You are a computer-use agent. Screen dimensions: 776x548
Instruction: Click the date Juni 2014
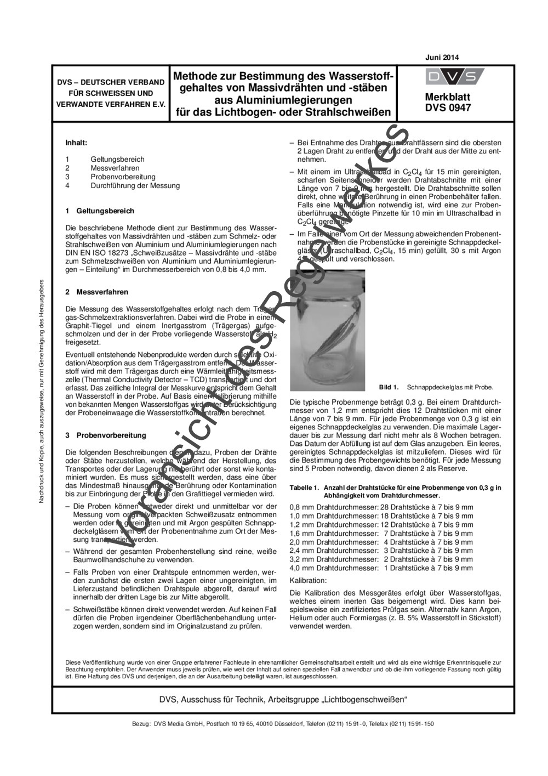point(442,58)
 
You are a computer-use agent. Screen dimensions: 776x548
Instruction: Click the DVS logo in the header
point(454,77)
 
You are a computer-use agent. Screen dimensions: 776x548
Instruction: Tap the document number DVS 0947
point(448,108)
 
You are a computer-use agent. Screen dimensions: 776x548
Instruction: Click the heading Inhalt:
point(76,143)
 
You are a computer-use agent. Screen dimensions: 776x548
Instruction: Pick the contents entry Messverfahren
point(115,168)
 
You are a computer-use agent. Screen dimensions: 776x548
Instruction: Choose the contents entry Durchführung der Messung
point(135,186)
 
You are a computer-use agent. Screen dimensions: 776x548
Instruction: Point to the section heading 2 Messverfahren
point(96,292)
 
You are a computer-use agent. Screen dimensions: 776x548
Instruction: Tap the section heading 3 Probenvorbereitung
point(105,435)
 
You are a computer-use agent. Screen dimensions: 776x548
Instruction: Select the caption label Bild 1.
point(389,388)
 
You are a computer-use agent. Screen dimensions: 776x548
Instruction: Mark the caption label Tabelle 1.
point(304,488)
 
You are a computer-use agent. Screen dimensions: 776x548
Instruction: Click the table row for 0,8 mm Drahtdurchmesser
point(381,507)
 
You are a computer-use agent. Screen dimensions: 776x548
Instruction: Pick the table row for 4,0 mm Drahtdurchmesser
point(381,568)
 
